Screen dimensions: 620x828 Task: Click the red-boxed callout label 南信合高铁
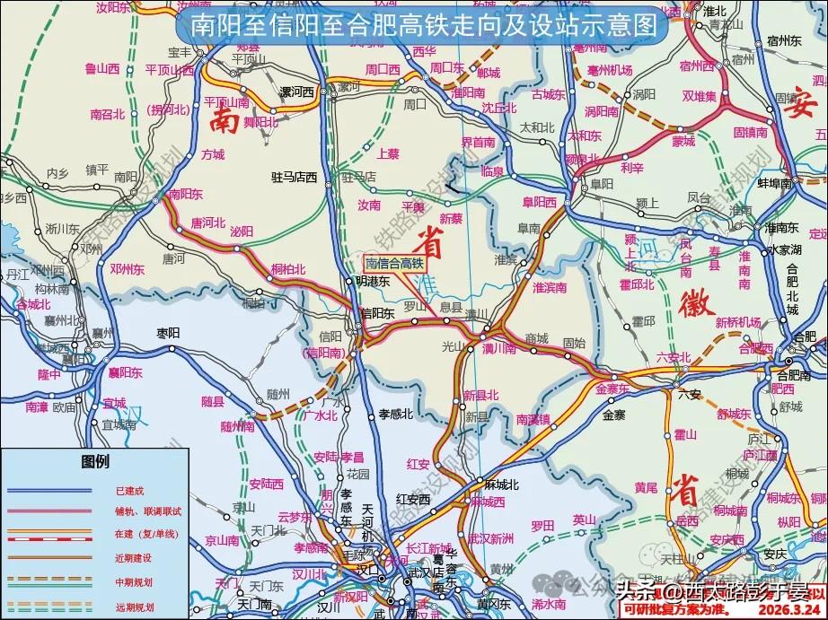(393, 264)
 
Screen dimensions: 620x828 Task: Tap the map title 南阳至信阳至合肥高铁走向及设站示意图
(421, 26)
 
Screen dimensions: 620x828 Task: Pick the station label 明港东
(372, 281)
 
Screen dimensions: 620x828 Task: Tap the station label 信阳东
(378, 313)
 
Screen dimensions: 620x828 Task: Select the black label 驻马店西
(295, 178)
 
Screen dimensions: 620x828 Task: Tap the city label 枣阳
(169, 332)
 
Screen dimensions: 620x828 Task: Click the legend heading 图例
(95, 462)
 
